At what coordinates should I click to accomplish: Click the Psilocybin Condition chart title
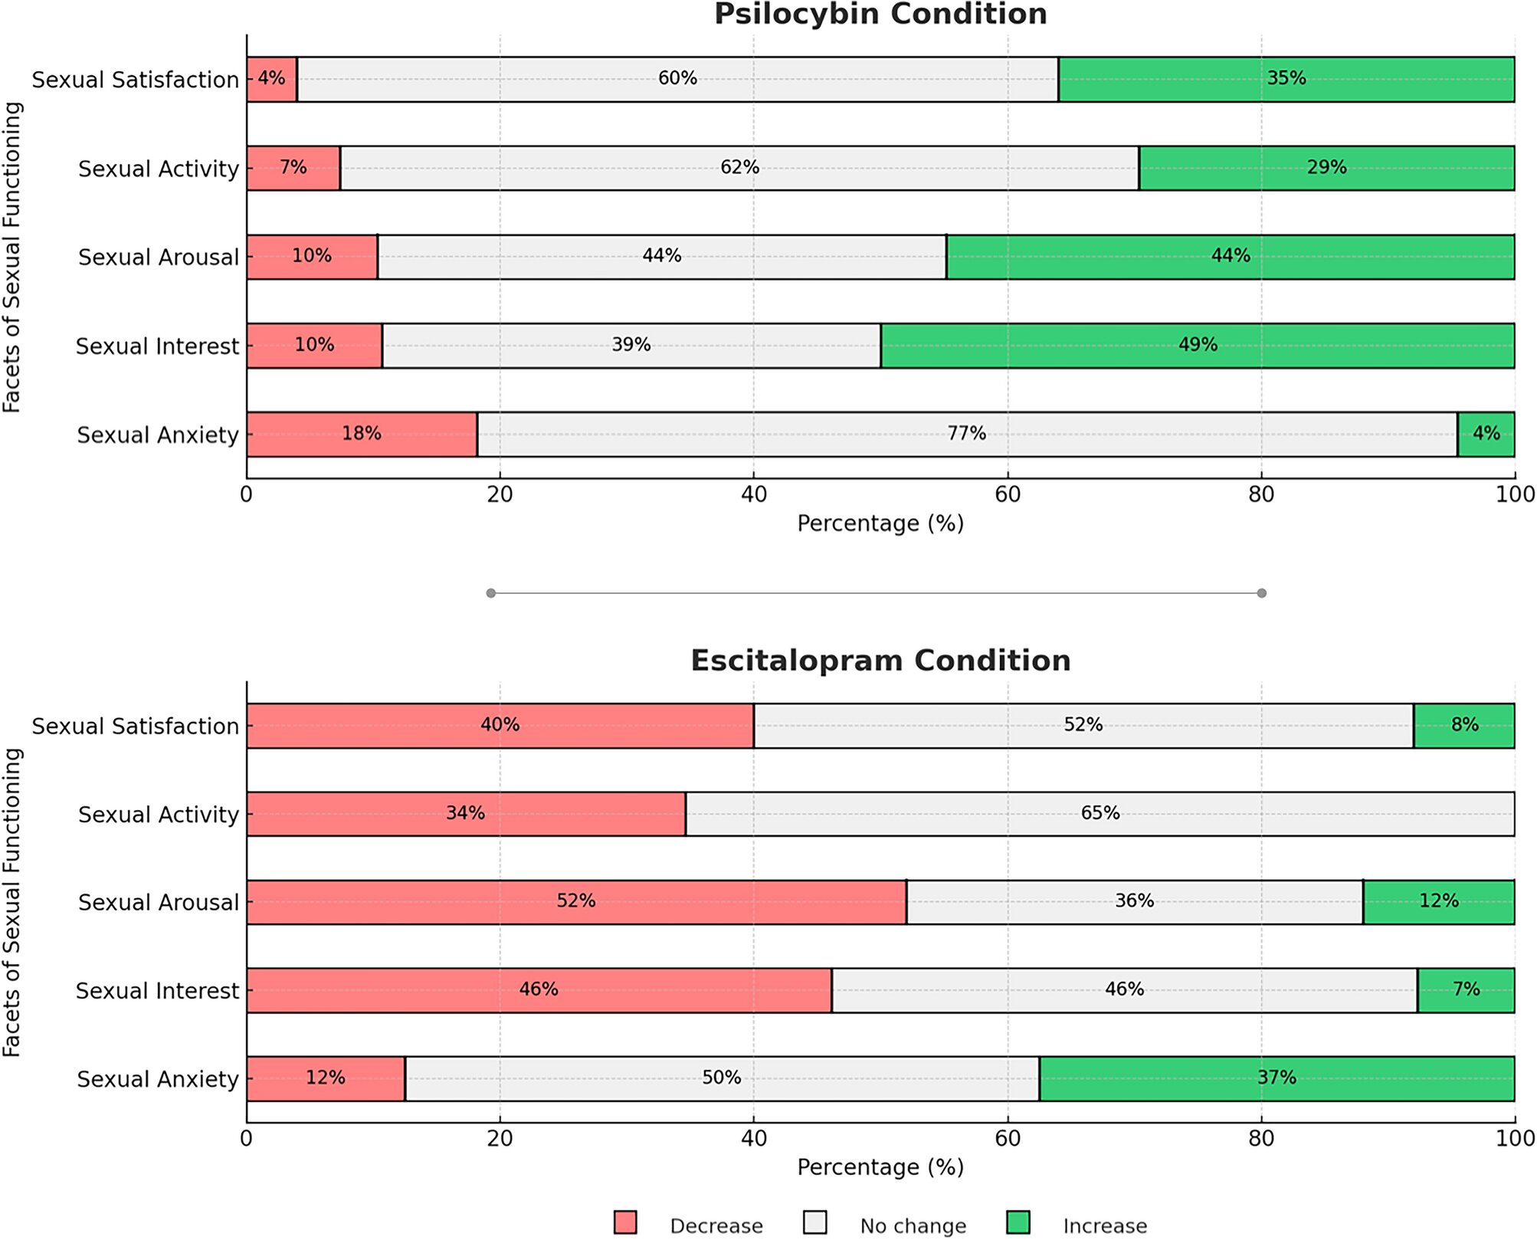[880, 15]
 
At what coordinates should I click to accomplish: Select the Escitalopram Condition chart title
[880, 661]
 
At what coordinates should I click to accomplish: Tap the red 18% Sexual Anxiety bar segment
[361, 434]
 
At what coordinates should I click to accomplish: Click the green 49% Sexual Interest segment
[1197, 345]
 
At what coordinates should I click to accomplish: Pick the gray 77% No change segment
[966, 434]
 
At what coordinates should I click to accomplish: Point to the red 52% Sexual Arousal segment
[575, 901]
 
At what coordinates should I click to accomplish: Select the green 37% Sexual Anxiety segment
[1276, 1078]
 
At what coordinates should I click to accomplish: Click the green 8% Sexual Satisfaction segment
[1463, 725]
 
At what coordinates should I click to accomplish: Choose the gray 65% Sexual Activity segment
[1099, 813]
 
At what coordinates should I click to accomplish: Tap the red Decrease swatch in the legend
[625, 1222]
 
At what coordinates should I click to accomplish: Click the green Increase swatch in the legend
[1018, 1222]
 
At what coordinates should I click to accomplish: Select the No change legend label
[913, 1226]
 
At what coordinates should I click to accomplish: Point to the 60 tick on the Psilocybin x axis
[1007, 494]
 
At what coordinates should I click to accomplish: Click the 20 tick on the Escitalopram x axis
[500, 1138]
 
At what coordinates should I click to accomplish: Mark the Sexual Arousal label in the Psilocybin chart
[159, 258]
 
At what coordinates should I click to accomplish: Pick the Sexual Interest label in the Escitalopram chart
[157, 991]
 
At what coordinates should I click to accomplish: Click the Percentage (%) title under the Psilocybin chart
[880, 523]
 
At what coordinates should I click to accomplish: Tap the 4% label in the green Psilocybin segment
[1486, 434]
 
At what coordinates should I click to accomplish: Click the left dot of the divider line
[491, 593]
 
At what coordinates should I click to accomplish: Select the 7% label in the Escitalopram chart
[1466, 989]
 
